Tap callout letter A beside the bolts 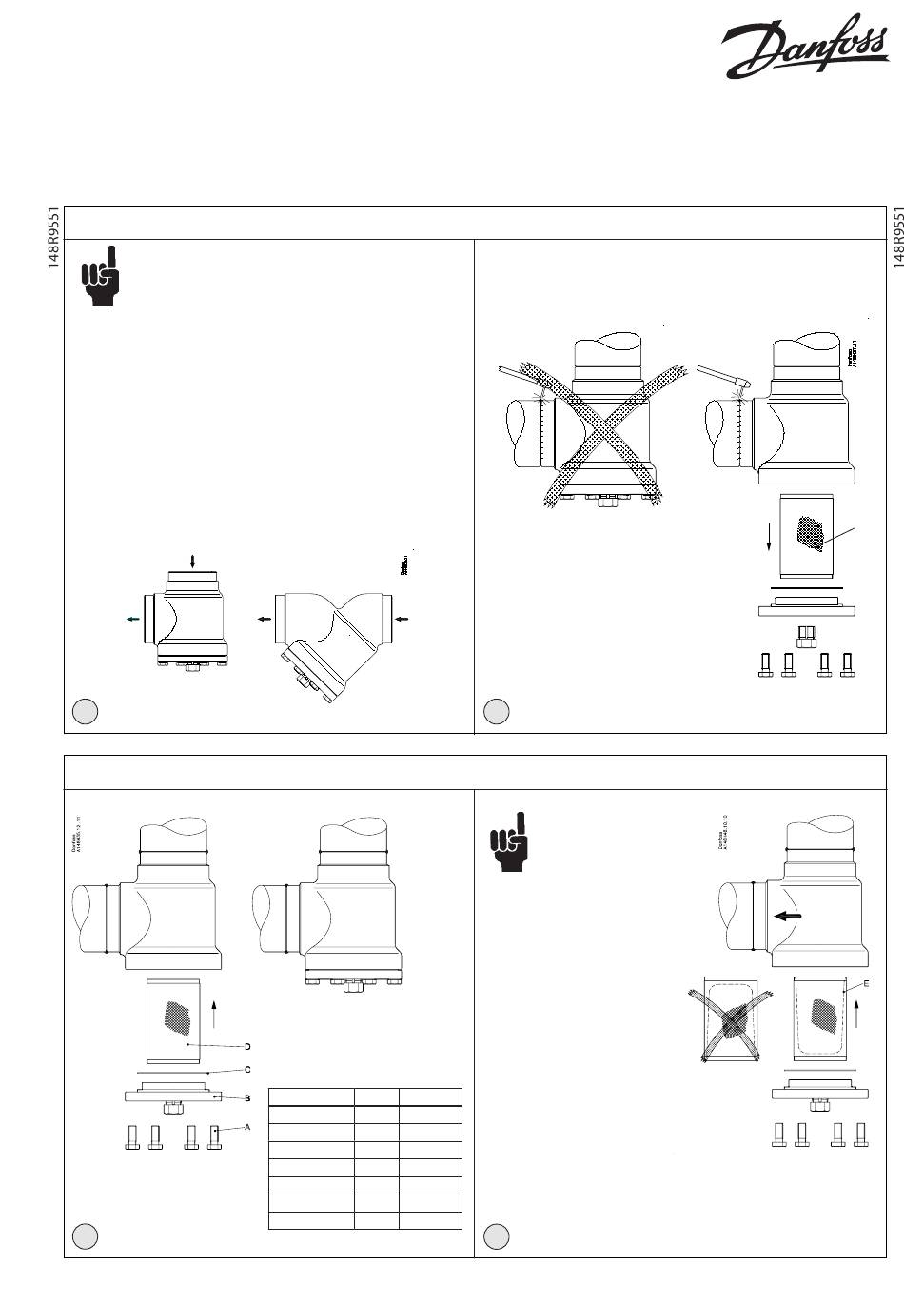click(x=247, y=1127)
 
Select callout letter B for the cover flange click(x=247, y=1097)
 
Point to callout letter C click(x=247, y=1070)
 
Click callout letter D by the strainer click(x=247, y=1046)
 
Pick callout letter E click(x=865, y=983)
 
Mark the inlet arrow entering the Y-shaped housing click(x=403, y=619)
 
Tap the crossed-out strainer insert click(x=730, y=1019)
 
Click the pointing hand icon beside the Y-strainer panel click(x=102, y=276)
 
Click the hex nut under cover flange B click(x=173, y=1107)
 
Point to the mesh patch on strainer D click(x=178, y=1018)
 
